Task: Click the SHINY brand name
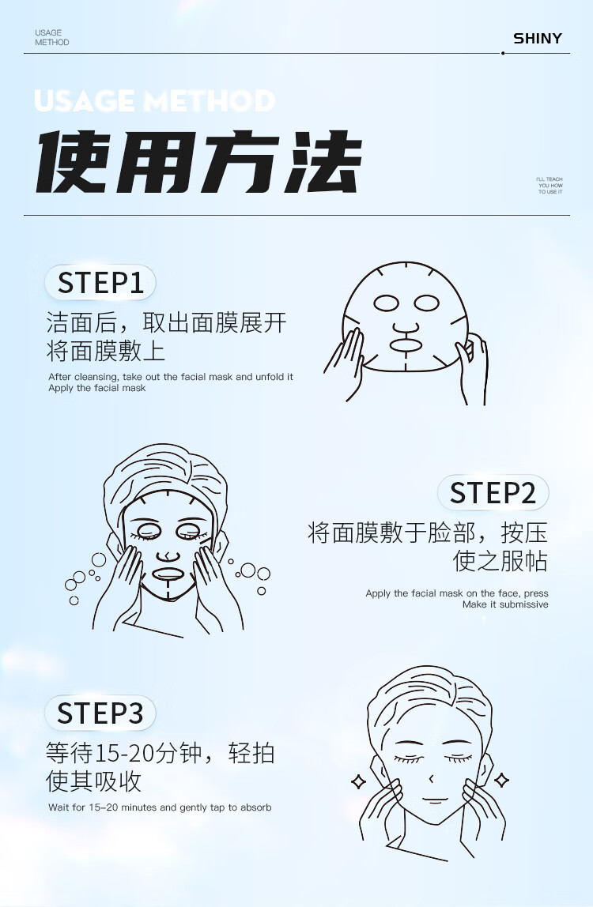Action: point(538,38)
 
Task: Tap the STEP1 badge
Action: point(100,283)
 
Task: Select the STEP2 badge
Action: point(493,493)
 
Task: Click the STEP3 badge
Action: point(100,713)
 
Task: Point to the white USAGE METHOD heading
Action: point(154,100)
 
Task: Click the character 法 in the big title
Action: point(323,161)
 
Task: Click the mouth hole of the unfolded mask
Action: point(406,344)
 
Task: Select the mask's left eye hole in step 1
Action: point(387,303)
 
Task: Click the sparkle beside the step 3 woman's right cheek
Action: point(502,781)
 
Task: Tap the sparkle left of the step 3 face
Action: point(359,782)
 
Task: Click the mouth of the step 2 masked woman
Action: point(168,574)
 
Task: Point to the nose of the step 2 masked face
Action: point(168,556)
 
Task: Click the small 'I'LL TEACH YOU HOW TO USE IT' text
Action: point(550,185)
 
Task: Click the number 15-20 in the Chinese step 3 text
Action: point(123,753)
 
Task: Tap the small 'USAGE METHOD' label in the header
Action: point(51,38)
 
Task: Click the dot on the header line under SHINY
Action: point(503,53)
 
